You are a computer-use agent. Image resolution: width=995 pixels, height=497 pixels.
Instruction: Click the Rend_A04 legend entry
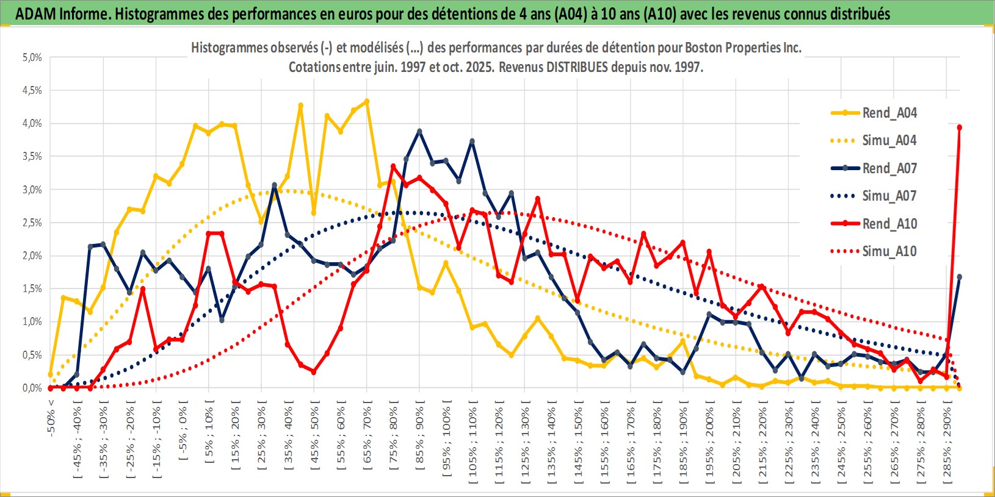pyautogui.click(x=889, y=113)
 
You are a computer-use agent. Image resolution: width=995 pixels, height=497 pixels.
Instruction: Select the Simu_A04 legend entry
pyautogui.click(x=889, y=140)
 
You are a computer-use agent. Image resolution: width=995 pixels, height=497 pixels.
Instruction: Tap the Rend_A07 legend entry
pyautogui.click(x=889, y=168)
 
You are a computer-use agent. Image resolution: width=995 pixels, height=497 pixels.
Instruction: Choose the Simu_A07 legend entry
pyautogui.click(x=889, y=196)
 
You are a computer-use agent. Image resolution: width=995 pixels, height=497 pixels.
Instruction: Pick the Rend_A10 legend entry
pyautogui.click(x=889, y=224)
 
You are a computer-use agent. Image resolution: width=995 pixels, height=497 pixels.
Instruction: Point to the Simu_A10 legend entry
pyautogui.click(x=889, y=251)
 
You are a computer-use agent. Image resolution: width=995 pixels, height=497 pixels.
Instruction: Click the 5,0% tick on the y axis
pyautogui.click(x=32, y=57)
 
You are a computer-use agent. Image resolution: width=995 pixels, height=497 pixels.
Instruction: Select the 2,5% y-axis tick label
pyautogui.click(x=32, y=223)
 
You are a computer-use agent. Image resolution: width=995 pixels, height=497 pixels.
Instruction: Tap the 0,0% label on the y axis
pyautogui.click(x=32, y=388)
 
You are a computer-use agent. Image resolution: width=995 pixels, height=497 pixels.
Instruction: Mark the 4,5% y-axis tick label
pyautogui.click(x=32, y=90)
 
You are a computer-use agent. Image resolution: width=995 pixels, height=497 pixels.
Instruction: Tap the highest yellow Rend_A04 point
pyautogui.click(x=367, y=101)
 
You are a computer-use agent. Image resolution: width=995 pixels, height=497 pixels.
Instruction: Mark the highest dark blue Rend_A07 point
pyautogui.click(x=419, y=131)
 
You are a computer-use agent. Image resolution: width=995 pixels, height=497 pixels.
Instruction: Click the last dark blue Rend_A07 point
pyautogui.click(x=960, y=277)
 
